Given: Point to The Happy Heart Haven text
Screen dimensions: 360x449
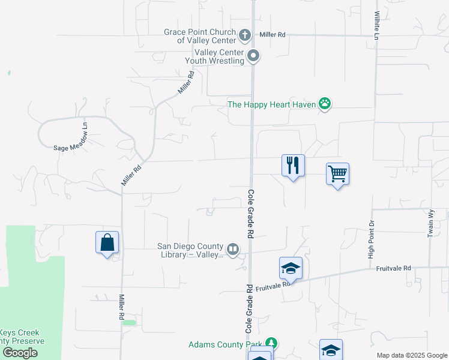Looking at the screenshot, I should pyautogui.click(x=271, y=104).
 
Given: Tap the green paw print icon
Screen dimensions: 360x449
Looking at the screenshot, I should pyautogui.click(x=325, y=104).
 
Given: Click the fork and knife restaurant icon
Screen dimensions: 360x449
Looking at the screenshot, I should pyautogui.click(x=293, y=166).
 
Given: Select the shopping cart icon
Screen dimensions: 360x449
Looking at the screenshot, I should pyautogui.click(x=338, y=174).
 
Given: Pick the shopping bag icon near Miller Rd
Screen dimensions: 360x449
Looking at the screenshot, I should pyautogui.click(x=107, y=242).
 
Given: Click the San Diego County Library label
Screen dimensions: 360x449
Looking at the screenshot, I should pyautogui.click(x=190, y=250).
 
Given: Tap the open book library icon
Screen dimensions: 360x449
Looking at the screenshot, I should pyautogui.click(x=232, y=248).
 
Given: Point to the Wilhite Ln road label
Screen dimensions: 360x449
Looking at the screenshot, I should pyautogui.click(x=377, y=25).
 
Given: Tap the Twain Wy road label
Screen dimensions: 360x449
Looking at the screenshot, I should pyautogui.click(x=430, y=223).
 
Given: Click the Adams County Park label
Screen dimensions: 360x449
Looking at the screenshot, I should pyautogui.click(x=226, y=344).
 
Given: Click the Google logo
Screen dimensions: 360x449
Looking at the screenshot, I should pyautogui.click(x=20, y=352).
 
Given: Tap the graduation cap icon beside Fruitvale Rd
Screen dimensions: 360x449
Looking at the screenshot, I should pyautogui.click(x=291, y=268).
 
